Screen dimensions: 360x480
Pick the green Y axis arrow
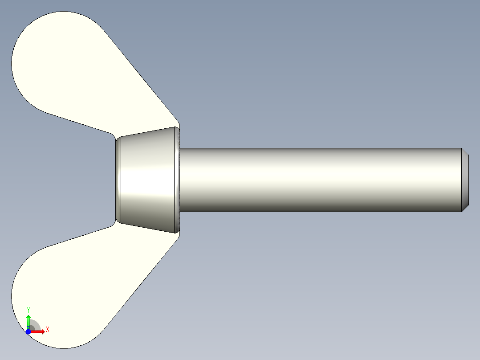point(28,322)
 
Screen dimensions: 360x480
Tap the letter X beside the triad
point(47,330)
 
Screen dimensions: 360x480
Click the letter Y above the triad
point(28,310)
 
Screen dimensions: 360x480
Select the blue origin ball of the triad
point(28,331)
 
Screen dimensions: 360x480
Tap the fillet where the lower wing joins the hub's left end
point(112,225)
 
